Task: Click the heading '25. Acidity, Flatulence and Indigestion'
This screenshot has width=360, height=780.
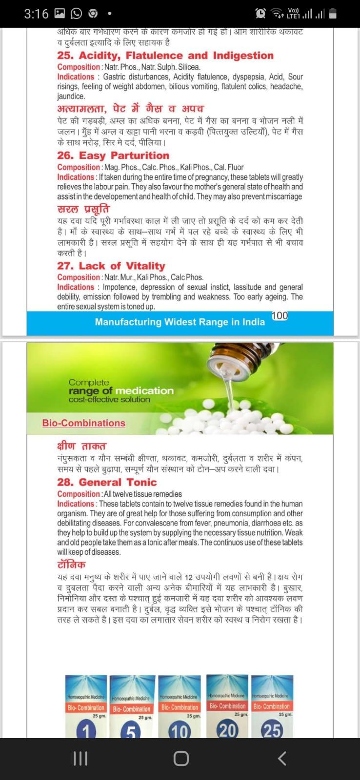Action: pos(165,56)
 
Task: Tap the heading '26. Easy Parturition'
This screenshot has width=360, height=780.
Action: pos(113,156)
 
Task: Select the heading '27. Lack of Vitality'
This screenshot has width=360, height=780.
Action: pos(111,266)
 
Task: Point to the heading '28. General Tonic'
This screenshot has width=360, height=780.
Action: pos(107,482)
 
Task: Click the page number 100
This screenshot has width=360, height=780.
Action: pos(280,315)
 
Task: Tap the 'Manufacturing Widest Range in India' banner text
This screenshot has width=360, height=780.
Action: pos(180,322)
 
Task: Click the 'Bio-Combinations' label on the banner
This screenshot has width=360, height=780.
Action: pos(83,423)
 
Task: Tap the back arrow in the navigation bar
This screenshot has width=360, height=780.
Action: pos(281,758)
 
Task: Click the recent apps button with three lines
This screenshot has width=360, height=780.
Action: pos(80,758)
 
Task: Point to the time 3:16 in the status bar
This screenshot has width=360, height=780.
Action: pos(36,14)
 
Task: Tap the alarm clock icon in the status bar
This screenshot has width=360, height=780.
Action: pos(261,14)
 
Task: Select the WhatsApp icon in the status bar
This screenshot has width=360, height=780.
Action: pos(77,14)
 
